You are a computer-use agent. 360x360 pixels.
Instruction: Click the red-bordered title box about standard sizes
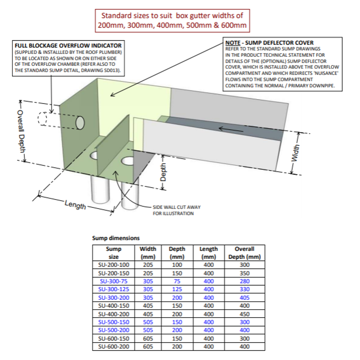[x=172, y=20]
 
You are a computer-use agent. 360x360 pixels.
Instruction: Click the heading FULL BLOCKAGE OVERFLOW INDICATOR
[x=68, y=45]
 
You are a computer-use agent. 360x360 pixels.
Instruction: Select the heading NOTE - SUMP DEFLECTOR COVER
[x=269, y=43]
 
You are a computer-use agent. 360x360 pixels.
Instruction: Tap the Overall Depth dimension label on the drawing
[x=21, y=132]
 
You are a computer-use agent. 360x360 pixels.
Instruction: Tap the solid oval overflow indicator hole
[x=80, y=122]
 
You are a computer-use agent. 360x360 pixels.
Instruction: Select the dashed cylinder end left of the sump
[x=42, y=119]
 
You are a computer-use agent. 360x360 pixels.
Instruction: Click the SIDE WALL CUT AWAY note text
[x=176, y=210]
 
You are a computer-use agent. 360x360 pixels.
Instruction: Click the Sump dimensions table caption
[x=116, y=238]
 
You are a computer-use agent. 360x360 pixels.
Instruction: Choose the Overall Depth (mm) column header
[x=245, y=253]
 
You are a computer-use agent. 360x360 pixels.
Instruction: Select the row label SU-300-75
[x=114, y=281]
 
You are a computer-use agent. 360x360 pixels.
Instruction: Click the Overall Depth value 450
[x=245, y=314]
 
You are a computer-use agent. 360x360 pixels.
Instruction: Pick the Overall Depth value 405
[x=245, y=298]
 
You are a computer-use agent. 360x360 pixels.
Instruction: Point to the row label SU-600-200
[x=114, y=347]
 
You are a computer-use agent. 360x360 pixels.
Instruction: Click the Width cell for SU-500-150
[x=148, y=322]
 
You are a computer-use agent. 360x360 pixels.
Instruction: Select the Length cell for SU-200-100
[x=208, y=265]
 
